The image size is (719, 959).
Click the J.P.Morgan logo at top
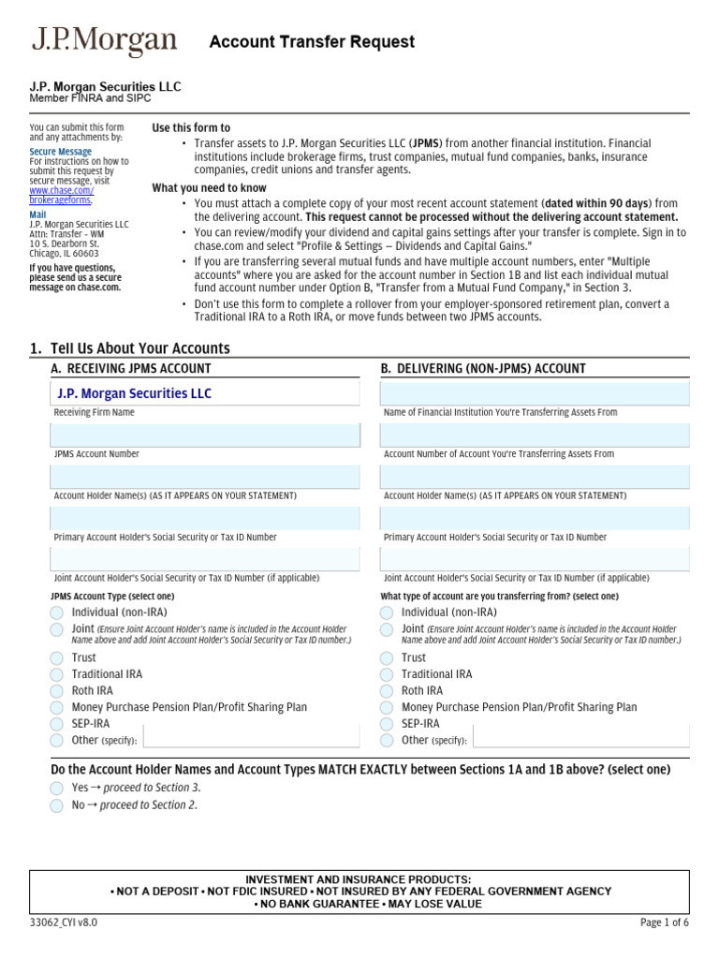click(104, 42)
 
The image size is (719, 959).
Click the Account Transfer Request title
click(312, 42)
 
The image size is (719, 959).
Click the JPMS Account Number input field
click(205, 435)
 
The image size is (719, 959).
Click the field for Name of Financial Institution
click(535, 393)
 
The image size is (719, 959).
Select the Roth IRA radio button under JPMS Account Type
click(57, 691)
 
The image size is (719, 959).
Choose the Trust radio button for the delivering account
click(387, 658)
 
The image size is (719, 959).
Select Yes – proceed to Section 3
click(57, 789)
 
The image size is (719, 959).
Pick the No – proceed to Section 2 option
click(57, 805)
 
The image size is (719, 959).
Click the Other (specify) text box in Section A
click(250, 738)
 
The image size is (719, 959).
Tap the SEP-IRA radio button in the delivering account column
click(387, 725)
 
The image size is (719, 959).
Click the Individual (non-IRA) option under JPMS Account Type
click(57, 612)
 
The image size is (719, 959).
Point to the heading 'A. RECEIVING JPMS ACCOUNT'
click(131, 369)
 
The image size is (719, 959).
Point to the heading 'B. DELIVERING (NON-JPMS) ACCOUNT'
click(483, 369)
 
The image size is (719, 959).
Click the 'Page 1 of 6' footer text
click(664, 922)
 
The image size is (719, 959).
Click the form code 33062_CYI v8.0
click(63, 922)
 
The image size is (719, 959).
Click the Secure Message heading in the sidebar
click(60, 152)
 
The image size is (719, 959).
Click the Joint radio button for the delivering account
click(387, 629)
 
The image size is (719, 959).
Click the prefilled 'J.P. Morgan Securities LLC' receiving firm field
click(205, 393)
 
